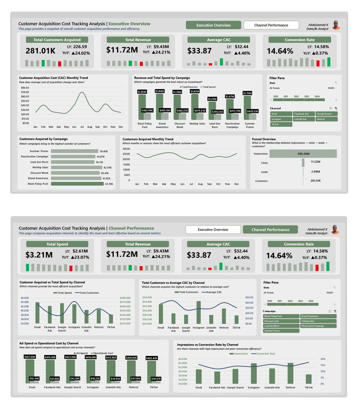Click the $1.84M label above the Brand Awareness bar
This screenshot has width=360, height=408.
pyautogui.click(x=160, y=91)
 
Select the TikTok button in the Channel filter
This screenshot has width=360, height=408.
pyautogui.click(x=281, y=124)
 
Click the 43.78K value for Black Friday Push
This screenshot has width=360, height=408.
pyautogui.click(x=109, y=184)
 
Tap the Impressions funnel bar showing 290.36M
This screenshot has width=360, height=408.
pyautogui.click(x=303, y=154)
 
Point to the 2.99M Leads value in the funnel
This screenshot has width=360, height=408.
pyautogui.click(x=315, y=172)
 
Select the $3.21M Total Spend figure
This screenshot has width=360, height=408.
pyautogui.click(x=39, y=255)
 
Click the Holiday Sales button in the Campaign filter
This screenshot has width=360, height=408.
pyautogui.click(x=318, y=321)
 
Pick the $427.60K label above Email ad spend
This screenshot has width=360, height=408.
pyautogui.click(x=30, y=357)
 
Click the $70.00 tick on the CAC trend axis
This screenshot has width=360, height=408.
pyautogui.click(x=25, y=92)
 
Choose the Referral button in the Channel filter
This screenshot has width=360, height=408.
pyautogui.click(x=326, y=119)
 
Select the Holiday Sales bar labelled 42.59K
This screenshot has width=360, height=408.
pyautogui.click(x=77, y=168)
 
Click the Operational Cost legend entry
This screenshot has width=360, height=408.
pyautogui.click(x=103, y=353)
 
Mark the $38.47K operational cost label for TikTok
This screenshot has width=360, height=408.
pyautogui.click(x=156, y=378)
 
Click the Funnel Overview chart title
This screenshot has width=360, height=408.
pyautogui.click(x=264, y=139)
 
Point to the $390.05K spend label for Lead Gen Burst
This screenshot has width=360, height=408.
pyautogui.click(x=217, y=112)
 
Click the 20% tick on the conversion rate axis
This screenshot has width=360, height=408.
pyautogui.click(x=323, y=359)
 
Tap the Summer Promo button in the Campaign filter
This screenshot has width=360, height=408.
pyautogui.click(x=281, y=331)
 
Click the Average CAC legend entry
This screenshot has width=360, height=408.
pyautogui.click(x=214, y=292)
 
